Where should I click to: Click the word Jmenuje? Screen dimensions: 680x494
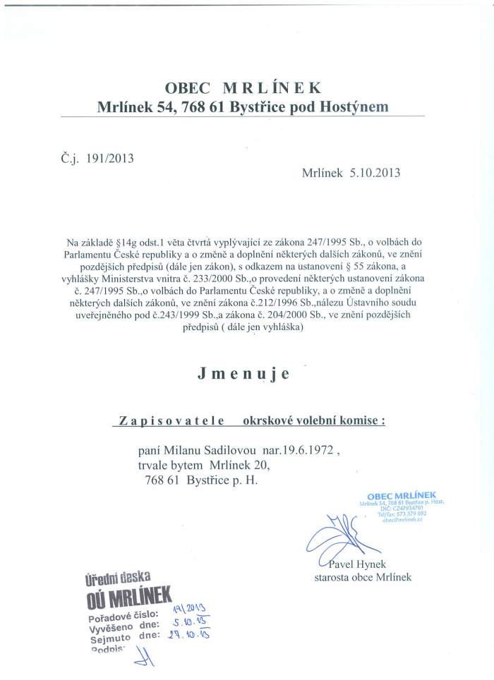coord(244,375)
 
